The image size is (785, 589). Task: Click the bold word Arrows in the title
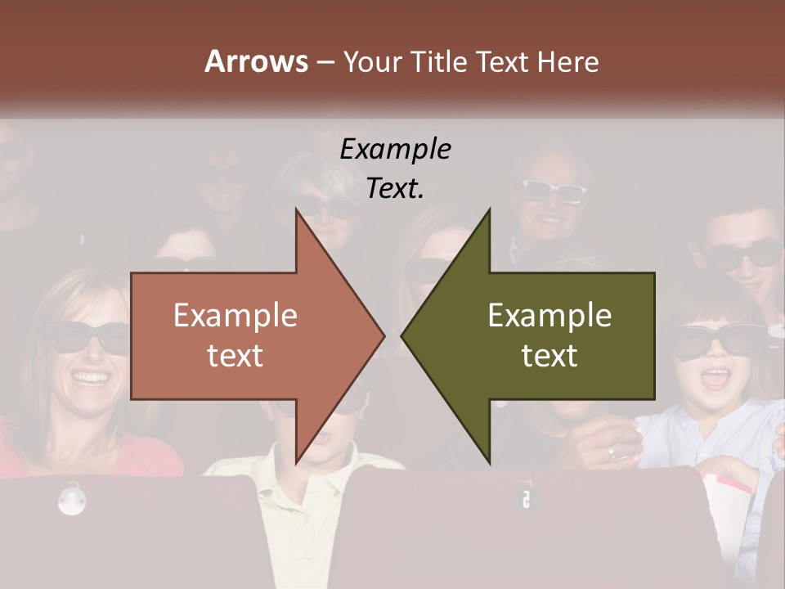coord(256,61)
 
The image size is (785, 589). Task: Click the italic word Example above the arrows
coord(395,150)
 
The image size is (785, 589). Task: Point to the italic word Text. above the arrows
coord(395,188)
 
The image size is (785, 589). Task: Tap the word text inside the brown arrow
coord(235,355)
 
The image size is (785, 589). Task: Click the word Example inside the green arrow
coord(549,316)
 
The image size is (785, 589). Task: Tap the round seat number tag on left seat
coord(72,498)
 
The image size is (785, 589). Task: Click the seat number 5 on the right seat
coord(526,498)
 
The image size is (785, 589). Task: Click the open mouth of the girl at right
coord(717,378)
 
